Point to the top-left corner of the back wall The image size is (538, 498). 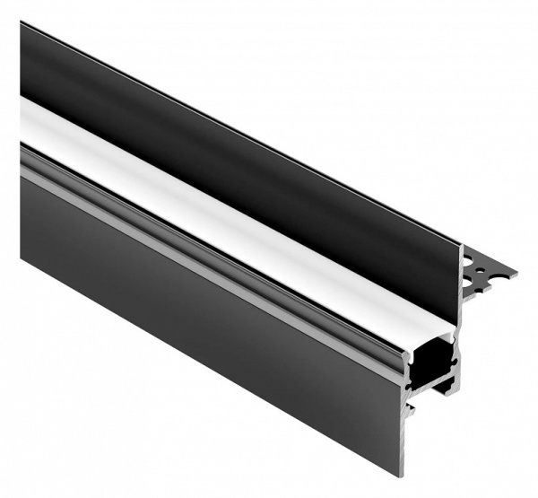[22, 24]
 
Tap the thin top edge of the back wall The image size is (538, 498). [242, 135]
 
